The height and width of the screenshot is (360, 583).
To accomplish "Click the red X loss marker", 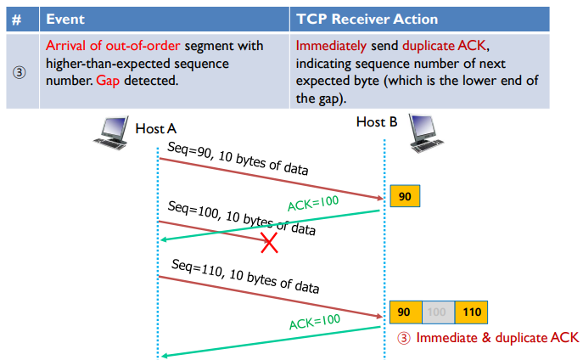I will pyautogui.click(x=269, y=244).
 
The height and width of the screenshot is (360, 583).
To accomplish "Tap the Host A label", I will pyautogui.click(x=156, y=128).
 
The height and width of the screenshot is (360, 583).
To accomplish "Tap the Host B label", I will pyautogui.click(x=377, y=122).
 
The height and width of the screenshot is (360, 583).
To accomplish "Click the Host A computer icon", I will pyautogui.click(x=111, y=132).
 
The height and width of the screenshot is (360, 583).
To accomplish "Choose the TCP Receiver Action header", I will pyautogui.click(x=367, y=18).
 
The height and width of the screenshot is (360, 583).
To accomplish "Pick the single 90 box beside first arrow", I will pyautogui.click(x=405, y=197).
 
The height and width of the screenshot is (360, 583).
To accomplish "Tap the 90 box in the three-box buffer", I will pyautogui.click(x=405, y=312).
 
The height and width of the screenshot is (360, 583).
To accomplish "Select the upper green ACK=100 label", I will pyautogui.click(x=314, y=205).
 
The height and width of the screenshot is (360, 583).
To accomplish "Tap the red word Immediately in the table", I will pyautogui.click(x=333, y=45).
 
